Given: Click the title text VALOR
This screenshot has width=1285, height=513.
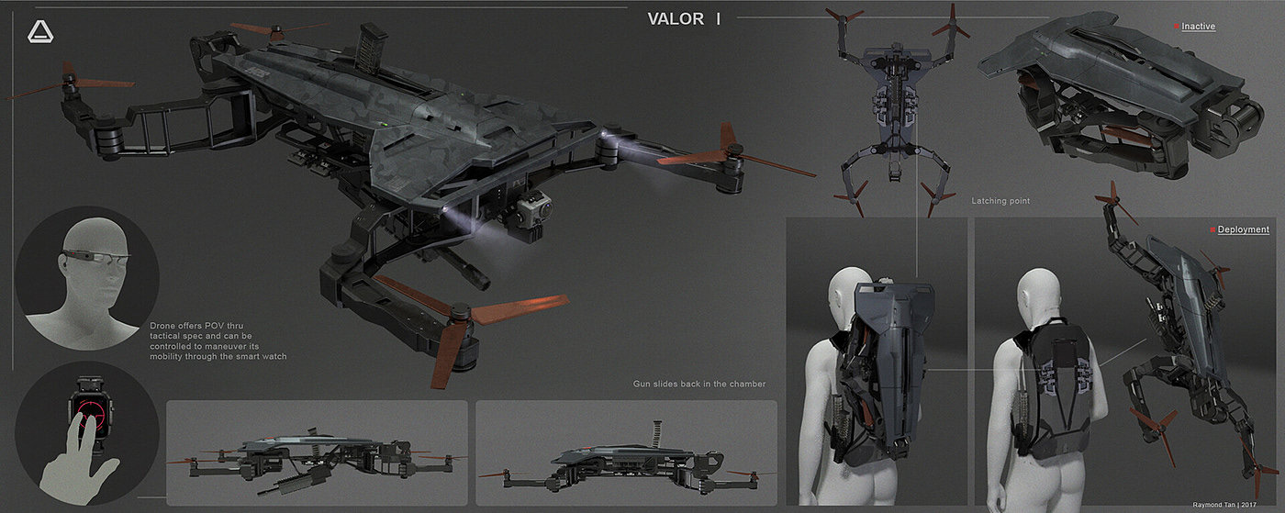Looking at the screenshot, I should click(x=676, y=19).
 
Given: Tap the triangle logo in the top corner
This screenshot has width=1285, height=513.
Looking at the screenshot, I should click(x=40, y=32).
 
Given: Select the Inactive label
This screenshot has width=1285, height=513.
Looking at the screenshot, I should click(x=1198, y=27).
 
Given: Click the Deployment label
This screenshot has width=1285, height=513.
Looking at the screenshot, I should click(x=1244, y=229).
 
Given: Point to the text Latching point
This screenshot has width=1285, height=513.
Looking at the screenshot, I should click(x=1000, y=200).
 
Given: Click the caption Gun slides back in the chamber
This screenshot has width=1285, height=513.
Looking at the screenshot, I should click(x=699, y=384).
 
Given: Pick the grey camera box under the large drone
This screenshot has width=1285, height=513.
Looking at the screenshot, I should click(x=530, y=217).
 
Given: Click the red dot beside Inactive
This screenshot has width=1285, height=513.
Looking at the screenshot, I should click(x=1177, y=27).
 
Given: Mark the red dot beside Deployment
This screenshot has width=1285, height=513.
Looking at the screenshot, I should click(x=1212, y=229).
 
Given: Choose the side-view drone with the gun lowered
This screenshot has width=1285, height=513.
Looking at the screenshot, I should click(x=317, y=456).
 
